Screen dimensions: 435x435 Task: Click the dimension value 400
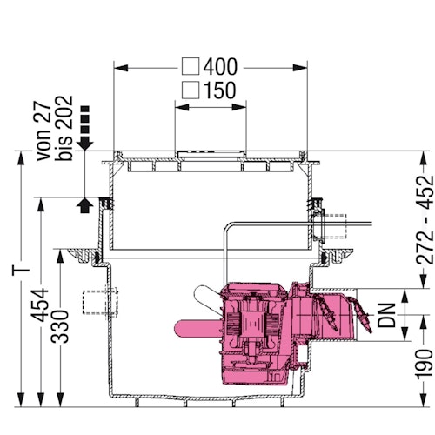(221, 66)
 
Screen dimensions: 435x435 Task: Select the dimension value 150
(221, 90)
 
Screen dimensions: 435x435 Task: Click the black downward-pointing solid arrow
(84, 139)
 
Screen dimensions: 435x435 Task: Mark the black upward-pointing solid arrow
(84, 204)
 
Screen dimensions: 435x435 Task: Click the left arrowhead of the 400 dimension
(120, 66)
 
